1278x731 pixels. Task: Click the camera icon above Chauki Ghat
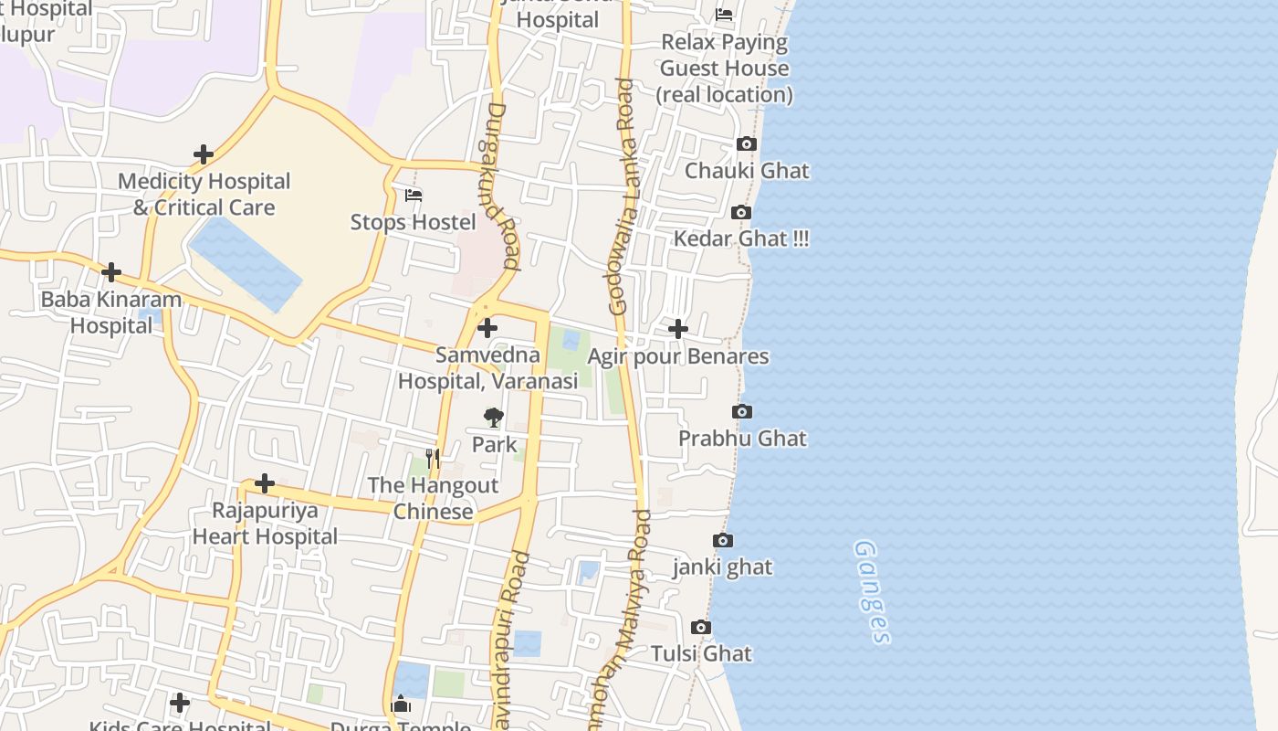click(x=746, y=144)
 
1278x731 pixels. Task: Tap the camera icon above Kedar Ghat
click(x=741, y=213)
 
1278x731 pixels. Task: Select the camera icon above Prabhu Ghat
click(x=742, y=412)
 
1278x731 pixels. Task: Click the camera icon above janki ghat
click(x=722, y=541)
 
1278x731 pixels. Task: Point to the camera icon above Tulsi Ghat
click(x=700, y=628)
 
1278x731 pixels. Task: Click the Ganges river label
click(x=872, y=592)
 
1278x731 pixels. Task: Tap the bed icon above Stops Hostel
click(x=414, y=196)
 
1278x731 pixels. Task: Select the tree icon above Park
click(x=494, y=418)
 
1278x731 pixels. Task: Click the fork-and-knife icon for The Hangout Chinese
click(x=433, y=458)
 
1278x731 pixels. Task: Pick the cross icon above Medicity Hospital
click(x=204, y=154)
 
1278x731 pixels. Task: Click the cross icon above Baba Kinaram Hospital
click(x=111, y=272)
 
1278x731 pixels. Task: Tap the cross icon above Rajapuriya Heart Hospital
click(x=265, y=482)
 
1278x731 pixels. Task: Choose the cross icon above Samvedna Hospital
click(x=487, y=327)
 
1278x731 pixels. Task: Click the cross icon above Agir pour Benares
click(x=678, y=329)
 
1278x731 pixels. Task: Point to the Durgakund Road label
click(x=498, y=186)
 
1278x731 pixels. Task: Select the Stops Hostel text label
click(x=414, y=222)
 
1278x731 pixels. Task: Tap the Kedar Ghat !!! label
click(x=741, y=239)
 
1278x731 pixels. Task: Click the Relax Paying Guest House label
click(x=725, y=68)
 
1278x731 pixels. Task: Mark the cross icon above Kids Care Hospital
click(x=180, y=703)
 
